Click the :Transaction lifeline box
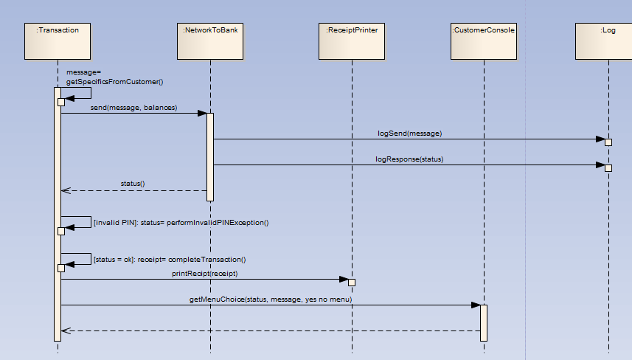(58, 41)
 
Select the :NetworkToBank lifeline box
(210, 41)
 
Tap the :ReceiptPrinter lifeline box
(352, 41)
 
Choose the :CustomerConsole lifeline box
(483, 41)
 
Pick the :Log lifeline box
(608, 41)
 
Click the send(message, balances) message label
(133, 108)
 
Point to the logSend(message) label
(409, 134)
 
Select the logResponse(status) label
(409, 159)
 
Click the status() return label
(133, 183)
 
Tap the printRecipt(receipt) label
(204, 273)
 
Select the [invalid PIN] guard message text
(181, 222)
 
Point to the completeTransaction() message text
(170, 259)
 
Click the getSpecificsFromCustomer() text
(119, 82)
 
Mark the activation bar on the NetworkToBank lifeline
(210, 156)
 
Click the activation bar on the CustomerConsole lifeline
(484, 322)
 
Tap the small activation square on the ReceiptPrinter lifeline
(352, 283)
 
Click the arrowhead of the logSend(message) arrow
(600, 139)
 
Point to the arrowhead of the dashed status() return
(66, 190)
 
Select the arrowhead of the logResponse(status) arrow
(600, 165)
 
